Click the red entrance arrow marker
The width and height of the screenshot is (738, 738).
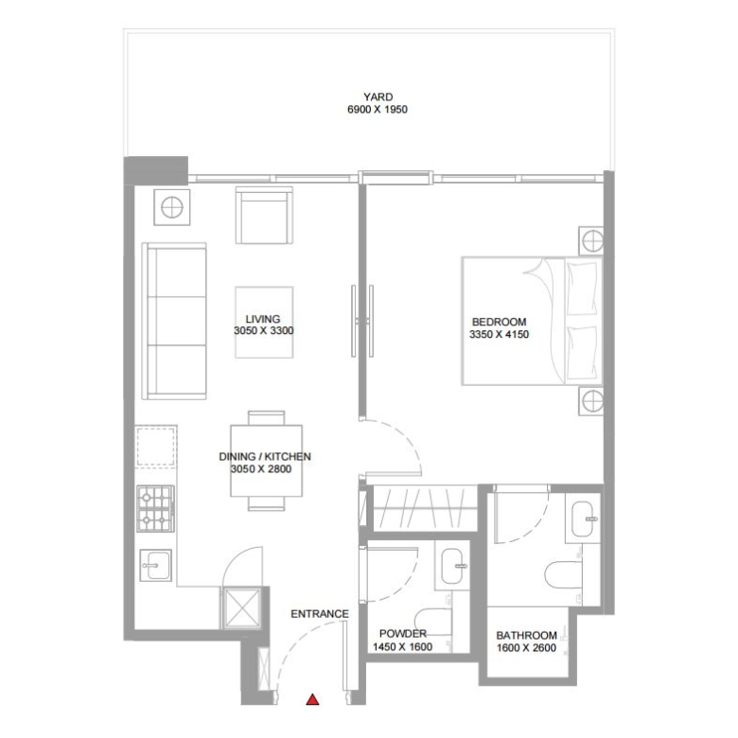coord(312,699)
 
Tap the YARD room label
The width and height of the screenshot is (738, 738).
coord(378,97)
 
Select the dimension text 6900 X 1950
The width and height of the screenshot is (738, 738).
coord(378,110)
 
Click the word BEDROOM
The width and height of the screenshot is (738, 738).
coord(499,322)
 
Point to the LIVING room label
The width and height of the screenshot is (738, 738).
coord(263,319)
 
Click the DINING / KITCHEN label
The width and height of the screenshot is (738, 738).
coord(265,457)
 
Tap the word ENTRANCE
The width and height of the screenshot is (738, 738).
coord(320,614)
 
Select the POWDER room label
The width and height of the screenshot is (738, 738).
coord(403,634)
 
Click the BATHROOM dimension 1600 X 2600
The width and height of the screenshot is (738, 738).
coord(526,647)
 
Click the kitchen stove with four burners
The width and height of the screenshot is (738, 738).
coord(155,508)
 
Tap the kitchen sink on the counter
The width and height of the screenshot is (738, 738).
coord(156,565)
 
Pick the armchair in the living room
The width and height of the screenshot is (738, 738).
coord(264,215)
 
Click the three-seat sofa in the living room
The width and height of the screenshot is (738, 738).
coord(174,321)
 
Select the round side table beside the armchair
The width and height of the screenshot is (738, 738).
coord(172,207)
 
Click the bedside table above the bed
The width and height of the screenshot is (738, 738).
coord(590,241)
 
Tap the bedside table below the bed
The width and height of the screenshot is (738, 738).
coord(590,401)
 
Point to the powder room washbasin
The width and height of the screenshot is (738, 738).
coord(454,565)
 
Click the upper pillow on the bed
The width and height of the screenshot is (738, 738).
coord(582,289)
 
